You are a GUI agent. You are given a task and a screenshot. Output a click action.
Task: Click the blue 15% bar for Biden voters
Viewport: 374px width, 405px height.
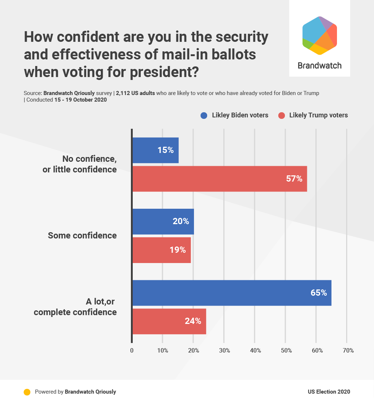tap(155, 150)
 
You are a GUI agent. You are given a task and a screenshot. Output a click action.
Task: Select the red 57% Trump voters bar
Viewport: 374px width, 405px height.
tap(219, 179)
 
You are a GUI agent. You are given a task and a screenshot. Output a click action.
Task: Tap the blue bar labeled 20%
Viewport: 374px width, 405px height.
tap(163, 222)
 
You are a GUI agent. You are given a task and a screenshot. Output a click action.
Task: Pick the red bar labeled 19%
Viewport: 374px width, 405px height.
tap(161, 250)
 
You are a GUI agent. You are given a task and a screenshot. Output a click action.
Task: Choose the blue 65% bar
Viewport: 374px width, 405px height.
tap(231, 293)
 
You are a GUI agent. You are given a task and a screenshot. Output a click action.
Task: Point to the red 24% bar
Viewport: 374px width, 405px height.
tap(169, 321)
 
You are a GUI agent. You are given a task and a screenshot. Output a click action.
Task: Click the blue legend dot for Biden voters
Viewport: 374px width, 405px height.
tap(204, 116)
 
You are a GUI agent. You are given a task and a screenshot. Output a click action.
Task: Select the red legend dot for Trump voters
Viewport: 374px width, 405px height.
tap(282, 116)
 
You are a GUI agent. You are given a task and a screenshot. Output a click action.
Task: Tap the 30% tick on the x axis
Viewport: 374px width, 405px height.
tap(224, 350)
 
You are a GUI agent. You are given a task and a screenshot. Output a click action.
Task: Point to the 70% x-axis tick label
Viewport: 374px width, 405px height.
tap(348, 350)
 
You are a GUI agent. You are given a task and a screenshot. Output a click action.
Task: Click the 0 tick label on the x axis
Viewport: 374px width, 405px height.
tap(132, 350)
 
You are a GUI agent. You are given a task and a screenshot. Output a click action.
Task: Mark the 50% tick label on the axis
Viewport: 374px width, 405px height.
tap(286, 350)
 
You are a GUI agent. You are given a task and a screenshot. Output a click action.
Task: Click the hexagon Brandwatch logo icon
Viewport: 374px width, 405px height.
tap(319, 36)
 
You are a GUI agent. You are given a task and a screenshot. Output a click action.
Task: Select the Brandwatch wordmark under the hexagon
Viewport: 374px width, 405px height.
tap(319, 66)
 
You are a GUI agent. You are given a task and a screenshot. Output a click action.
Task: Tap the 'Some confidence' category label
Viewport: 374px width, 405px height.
tap(82, 236)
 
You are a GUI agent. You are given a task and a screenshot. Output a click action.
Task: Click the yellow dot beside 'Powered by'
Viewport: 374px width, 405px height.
tap(27, 392)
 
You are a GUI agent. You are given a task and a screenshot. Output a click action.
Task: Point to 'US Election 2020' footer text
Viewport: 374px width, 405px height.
tap(329, 392)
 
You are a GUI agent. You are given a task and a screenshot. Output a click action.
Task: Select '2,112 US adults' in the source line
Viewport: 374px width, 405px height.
tap(135, 93)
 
